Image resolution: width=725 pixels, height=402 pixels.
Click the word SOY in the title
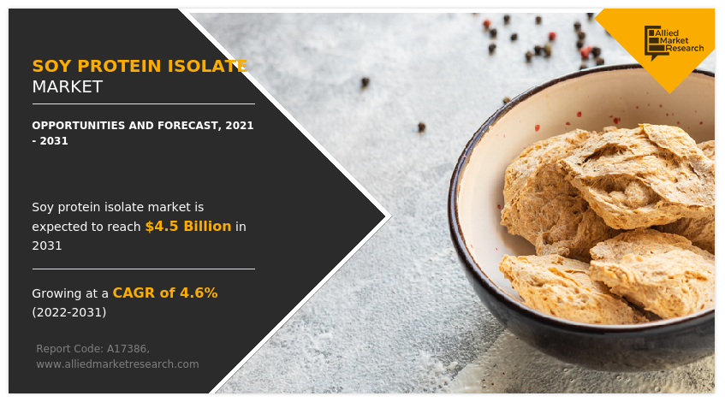click(50, 66)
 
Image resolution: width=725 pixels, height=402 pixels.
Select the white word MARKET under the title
click(67, 86)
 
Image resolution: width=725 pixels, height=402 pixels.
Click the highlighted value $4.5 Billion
click(187, 227)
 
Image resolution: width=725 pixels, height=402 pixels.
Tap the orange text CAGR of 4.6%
click(165, 293)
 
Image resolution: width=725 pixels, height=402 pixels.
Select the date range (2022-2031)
click(69, 312)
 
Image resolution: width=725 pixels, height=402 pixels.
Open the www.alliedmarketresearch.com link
click(117, 364)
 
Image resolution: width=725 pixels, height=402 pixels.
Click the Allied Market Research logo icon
click(656, 42)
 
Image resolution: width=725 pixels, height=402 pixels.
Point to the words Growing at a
click(70, 293)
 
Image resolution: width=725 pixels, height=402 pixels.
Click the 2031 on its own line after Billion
click(47, 245)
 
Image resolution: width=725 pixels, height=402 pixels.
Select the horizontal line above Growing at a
click(143, 269)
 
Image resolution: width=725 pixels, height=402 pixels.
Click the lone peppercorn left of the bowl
click(421, 127)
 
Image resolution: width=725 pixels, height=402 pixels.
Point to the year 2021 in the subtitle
click(240, 126)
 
